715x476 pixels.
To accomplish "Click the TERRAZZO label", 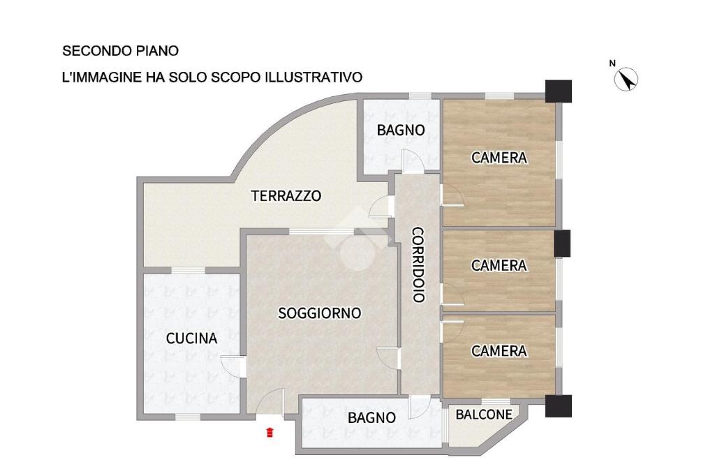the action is pos(286,195).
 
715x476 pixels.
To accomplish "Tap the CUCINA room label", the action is pos(191,339).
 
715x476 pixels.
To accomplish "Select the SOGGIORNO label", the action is pos(319,313).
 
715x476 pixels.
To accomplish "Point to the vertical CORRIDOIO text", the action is pos(419,265).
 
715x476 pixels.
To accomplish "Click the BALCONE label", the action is pos(484,415).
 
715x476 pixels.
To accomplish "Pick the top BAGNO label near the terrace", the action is pos(401,130).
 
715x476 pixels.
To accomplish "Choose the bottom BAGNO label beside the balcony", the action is pos(371,417).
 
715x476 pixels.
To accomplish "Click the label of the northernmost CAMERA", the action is pos(499,158).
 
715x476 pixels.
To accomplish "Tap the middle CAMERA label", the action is pos(499,265).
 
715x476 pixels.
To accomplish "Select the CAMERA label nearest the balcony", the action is pos(499,350).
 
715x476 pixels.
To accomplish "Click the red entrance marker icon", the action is pos(270,432).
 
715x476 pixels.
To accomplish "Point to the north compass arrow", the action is pos(626,80).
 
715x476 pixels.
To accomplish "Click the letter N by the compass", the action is pos(612,64).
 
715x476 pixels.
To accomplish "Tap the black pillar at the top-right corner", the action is pos(559,91).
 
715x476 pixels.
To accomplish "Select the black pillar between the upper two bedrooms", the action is pos(562,243).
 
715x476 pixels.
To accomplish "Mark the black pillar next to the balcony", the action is pos(559,406).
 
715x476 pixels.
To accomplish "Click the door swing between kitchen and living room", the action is pos(232,366).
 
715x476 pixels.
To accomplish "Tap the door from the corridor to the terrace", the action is pos(382,207).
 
